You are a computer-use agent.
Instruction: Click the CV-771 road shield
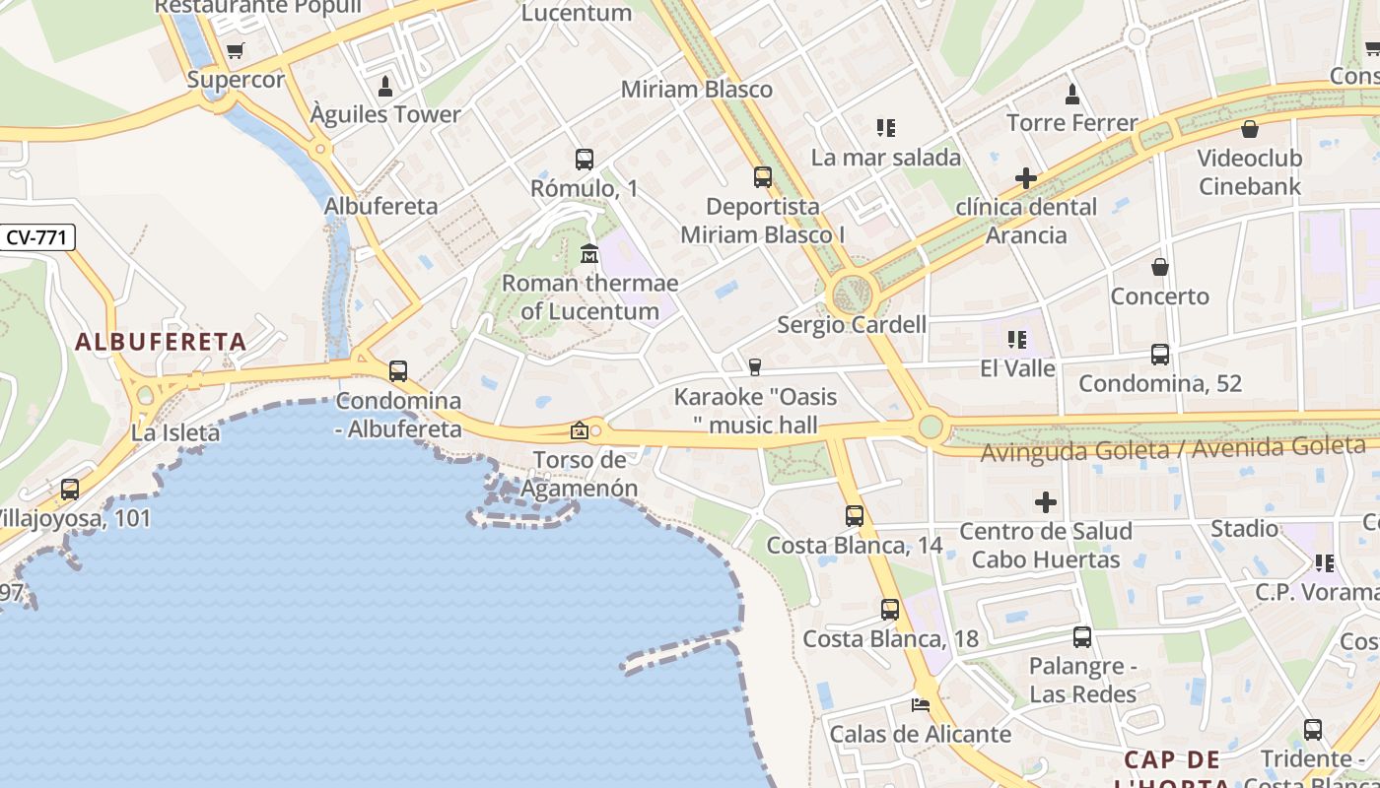[x=37, y=237]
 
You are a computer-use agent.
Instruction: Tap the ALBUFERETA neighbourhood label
[x=161, y=342]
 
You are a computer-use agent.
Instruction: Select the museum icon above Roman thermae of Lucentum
[x=589, y=254]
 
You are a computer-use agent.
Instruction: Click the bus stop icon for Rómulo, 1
[x=585, y=159]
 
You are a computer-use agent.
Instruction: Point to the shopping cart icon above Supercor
[x=235, y=51]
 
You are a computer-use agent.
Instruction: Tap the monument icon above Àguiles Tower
[x=385, y=87]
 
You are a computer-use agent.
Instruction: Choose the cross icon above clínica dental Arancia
[x=1026, y=178]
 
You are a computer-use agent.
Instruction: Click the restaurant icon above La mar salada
[x=885, y=128]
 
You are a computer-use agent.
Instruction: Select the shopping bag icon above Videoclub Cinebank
[x=1250, y=129]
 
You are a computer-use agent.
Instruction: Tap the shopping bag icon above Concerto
[x=1160, y=267]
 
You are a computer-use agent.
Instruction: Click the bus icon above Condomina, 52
[x=1160, y=355]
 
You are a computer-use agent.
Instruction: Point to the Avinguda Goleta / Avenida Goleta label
[x=1173, y=449]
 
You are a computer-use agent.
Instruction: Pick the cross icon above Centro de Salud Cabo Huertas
[x=1046, y=503]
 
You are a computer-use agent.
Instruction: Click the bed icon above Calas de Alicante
[x=921, y=704]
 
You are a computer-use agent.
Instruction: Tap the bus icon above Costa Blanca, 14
[x=855, y=516]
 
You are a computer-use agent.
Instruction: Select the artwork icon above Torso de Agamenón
[x=580, y=430]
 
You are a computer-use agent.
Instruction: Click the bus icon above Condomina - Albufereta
[x=398, y=371]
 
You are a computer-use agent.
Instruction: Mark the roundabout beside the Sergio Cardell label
[x=852, y=293]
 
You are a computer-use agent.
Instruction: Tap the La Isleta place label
[x=175, y=432]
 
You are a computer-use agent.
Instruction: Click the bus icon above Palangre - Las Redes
[x=1082, y=637]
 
